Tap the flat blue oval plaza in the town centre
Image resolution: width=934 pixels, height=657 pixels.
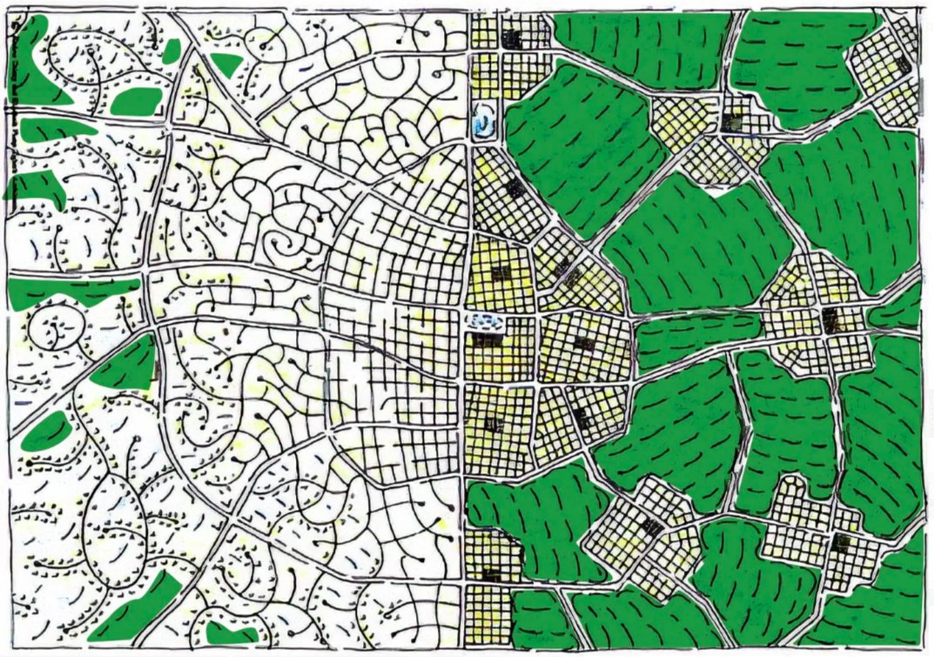coord(485,322)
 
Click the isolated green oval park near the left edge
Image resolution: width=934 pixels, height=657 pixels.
coord(45,432)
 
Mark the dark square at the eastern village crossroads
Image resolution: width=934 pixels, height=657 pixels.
coord(830,318)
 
